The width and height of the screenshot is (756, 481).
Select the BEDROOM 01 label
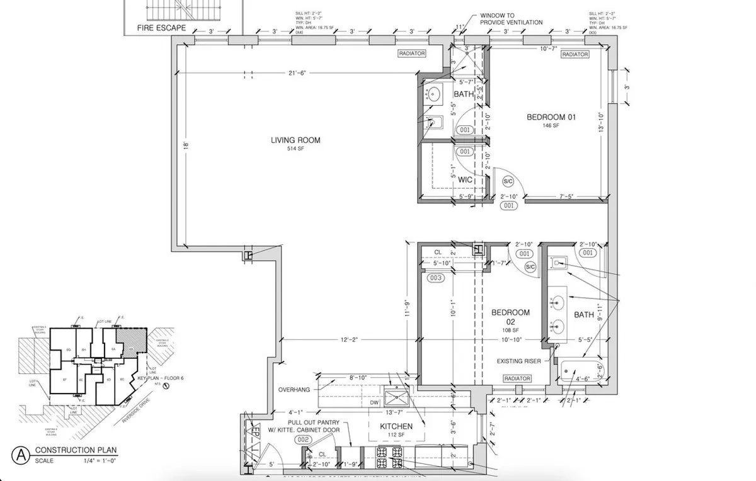point(551,116)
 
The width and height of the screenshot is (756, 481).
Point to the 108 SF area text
point(510,331)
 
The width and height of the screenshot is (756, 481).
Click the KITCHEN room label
point(396,426)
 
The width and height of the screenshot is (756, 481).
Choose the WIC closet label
point(465,180)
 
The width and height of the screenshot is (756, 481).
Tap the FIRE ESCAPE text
point(162,28)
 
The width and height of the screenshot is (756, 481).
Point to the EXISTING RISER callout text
point(518,361)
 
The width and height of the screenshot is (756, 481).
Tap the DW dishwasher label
point(374,402)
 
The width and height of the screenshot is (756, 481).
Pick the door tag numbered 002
point(303,440)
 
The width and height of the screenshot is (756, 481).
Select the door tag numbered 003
point(436,278)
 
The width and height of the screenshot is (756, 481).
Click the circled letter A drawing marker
point(21,454)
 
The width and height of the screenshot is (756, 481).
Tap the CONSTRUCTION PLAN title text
point(76,450)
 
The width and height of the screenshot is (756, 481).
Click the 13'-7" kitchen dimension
point(394,412)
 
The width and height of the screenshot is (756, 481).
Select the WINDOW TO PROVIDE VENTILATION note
point(511,18)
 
